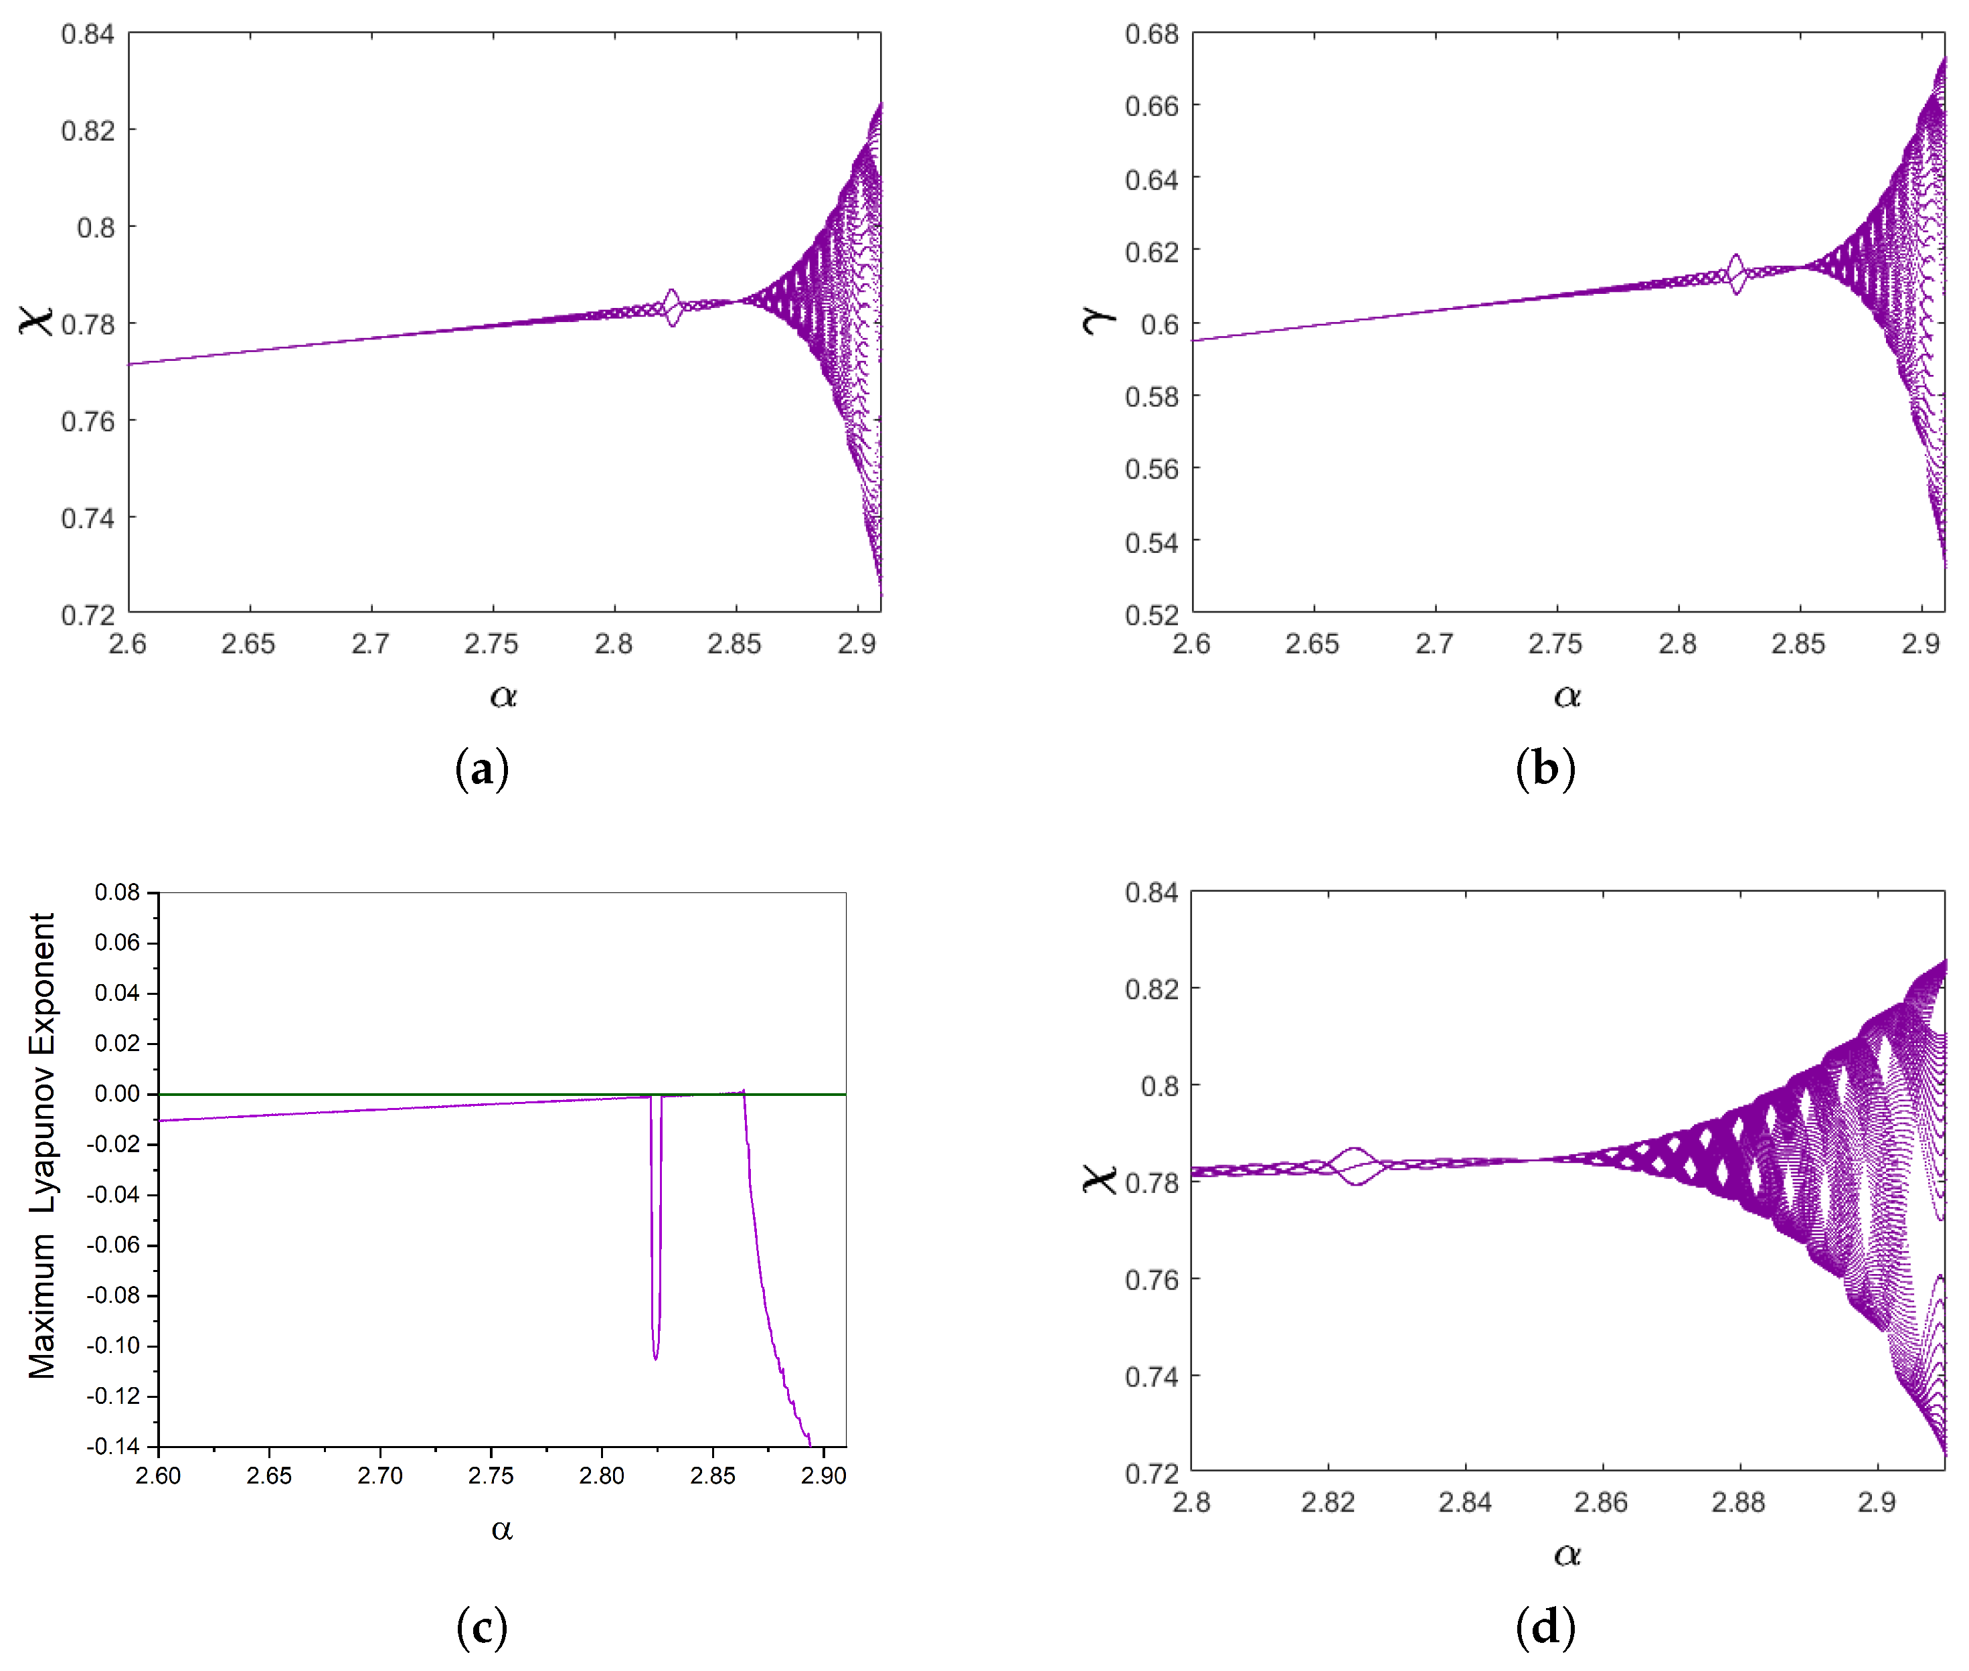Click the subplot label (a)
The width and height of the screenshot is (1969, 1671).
(481, 769)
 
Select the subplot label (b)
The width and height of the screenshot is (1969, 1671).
(1545, 769)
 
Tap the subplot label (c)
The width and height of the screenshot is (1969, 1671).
(481, 1627)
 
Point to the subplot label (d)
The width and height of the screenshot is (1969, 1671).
(1545, 1627)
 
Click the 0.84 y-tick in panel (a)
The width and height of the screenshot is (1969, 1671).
(87, 35)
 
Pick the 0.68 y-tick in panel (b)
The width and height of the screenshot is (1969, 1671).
(1150, 35)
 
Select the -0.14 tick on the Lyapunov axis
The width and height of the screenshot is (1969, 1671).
(112, 1447)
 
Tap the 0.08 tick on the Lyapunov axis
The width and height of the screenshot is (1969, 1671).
(116, 892)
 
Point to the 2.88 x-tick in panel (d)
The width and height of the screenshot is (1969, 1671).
(1738, 1502)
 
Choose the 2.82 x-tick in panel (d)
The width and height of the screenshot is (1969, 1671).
(1328, 1502)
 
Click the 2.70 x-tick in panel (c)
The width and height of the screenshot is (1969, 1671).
(379, 1476)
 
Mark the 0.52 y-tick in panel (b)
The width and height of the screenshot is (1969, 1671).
(1150, 616)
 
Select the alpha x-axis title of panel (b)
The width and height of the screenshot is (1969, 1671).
(1567, 696)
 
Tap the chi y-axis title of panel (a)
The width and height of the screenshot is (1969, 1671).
(36, 320)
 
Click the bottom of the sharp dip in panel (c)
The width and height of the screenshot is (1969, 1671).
(655, 1358)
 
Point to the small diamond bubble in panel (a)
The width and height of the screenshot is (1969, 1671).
(673, 307)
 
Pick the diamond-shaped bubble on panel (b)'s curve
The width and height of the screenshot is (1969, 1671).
(1736, 274)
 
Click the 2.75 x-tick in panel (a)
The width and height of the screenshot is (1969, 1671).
(491, 644)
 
